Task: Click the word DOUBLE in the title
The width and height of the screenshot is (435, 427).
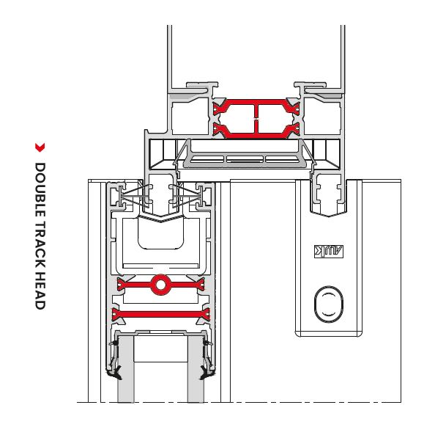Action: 40,189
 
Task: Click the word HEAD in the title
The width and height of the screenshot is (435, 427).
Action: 40,291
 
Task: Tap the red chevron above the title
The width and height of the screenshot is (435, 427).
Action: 40,147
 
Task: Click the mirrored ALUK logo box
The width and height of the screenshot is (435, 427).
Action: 329,252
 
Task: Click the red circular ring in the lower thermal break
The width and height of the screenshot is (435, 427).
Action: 160,285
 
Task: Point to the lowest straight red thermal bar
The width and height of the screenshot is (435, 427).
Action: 161,315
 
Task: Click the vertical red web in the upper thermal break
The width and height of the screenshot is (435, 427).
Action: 256,119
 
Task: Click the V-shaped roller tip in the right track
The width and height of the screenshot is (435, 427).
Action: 329,213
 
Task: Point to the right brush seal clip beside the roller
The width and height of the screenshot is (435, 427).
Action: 189,197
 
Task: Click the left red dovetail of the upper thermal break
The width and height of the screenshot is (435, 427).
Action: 220,119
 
